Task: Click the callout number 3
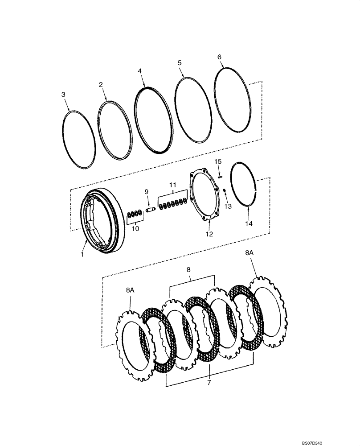pos(63,94)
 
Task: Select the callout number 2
pos(101,84)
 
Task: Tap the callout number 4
pos(139,71)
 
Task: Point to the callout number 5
pos(180,63)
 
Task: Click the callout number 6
pos(219,57)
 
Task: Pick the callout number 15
pos(218,161)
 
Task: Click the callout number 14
pos(249,223)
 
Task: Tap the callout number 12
pos(209,234)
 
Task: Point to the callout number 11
pos(172,185)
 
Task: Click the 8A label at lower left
pos(130,290)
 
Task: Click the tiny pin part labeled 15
pos(220,176)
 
